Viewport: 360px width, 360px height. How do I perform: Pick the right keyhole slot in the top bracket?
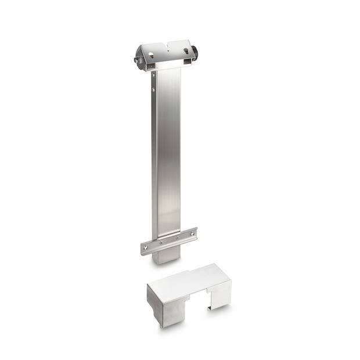tap(186, 51)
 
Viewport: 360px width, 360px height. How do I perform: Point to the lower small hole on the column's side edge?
tap(153, 90)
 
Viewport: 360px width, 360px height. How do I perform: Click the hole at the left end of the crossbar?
tap(145, 249)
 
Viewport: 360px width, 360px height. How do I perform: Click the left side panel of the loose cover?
tap(154, 302)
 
